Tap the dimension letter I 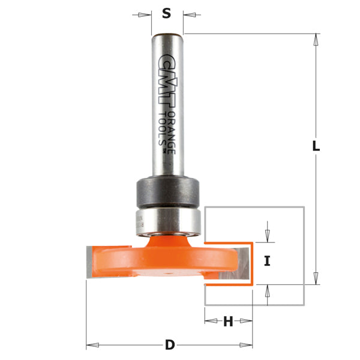(x=268, y=261)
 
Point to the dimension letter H (x=228, y=322)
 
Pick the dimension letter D (x=170, y=345)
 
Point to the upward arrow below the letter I (x=268, y=291)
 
